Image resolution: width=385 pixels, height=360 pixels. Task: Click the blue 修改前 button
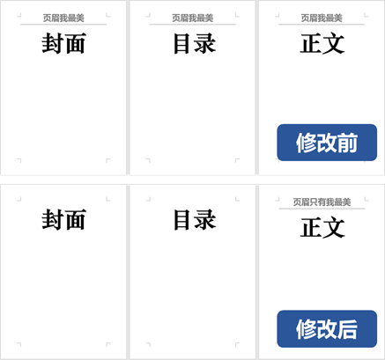click(327, 143)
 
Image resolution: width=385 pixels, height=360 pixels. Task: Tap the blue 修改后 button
click(327, 329)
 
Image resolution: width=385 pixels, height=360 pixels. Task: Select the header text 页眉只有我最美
click(322, 202)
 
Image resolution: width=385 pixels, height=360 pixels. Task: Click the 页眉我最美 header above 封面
click(63, 18)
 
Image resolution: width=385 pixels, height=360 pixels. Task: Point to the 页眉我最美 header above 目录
click(193, 18)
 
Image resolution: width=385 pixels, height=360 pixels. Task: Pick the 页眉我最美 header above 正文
click(322, 18)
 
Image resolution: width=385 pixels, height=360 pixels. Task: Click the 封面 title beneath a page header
click(63, 43)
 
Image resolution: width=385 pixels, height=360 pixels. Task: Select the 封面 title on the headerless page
click(63, 219)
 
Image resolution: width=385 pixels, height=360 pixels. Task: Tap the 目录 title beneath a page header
click(195, 43)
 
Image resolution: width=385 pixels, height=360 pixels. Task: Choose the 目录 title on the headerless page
click(195, 219)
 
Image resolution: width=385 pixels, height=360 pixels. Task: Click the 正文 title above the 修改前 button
click(322, 43)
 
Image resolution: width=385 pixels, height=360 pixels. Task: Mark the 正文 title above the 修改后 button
click(322, 227)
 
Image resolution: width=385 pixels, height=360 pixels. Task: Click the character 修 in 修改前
click(306, 143)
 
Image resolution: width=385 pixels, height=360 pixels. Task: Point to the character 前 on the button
click(347, 143)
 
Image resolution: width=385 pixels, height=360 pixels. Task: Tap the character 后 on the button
click(347, 329)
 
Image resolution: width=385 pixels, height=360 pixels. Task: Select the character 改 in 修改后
click(327, 329)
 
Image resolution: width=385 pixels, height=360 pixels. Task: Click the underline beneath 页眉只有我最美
click(322, 209)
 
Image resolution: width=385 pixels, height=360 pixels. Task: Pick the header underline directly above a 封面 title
click(63, 25)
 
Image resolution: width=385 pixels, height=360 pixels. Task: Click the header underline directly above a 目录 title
click(193, 25)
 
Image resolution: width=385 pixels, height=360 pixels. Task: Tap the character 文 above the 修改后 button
click(334, 227)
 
